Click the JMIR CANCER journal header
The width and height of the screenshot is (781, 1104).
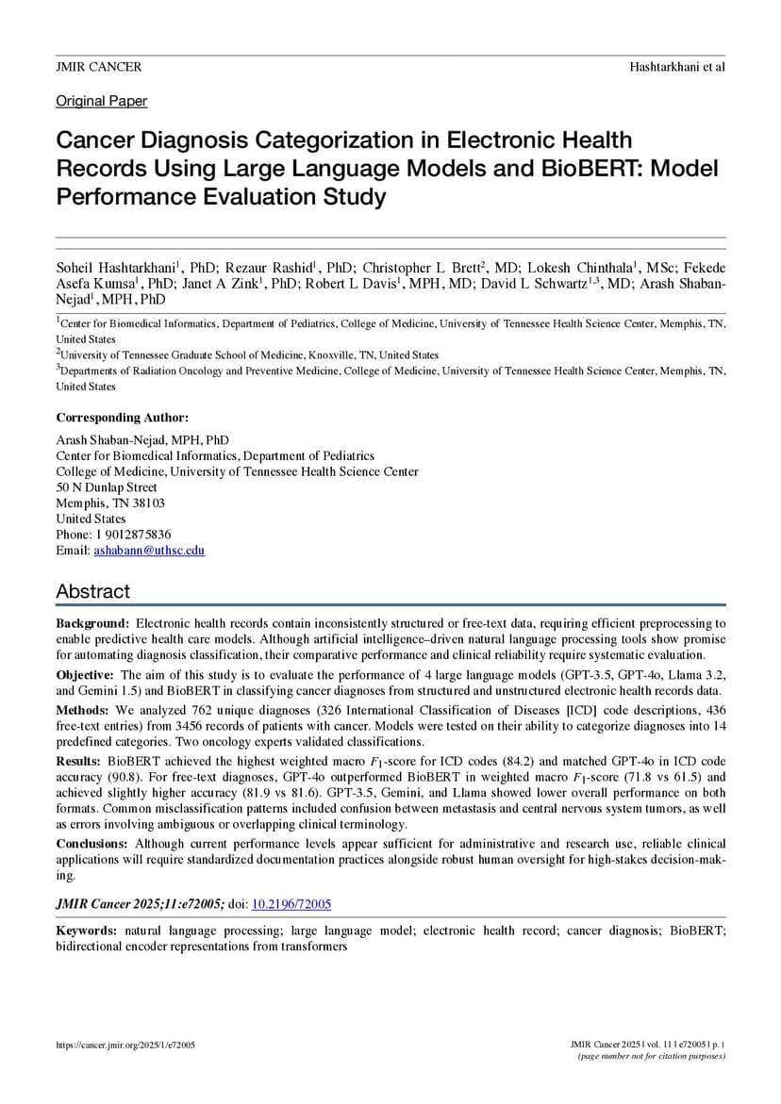click(x=99, y=67)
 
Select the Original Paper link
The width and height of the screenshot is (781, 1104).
click(x=101, y=101)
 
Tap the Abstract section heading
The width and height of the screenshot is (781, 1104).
click(x=92, y=591)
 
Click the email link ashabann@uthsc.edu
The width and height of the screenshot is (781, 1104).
click(x=149, y=550)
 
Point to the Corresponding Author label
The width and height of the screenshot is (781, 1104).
click(x=122, y=418)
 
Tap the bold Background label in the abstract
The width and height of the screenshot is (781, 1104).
click(x=91, y=624)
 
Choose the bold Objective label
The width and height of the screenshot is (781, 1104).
click(x=86, y=675)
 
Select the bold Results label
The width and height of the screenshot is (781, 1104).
click(x=79, y=759)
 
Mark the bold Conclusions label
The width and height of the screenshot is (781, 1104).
click(x=92, y=844)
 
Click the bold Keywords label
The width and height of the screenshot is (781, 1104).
click(x=87, y=931)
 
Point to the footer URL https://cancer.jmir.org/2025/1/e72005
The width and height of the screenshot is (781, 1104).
click(x=125, y=1046)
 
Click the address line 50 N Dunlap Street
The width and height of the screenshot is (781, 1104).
click(x=107, y=487)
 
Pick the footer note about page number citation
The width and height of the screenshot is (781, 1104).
click(x=652, y=1056)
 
